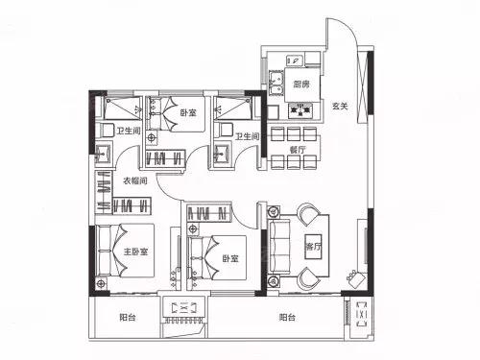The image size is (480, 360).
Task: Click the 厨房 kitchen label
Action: tap(301, 84)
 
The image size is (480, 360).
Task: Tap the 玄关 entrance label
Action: tap(340, 106)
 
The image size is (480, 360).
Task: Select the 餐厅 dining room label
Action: tap(298, 150)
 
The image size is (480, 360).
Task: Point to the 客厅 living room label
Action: tap(313, 247)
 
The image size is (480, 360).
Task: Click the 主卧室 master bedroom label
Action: tap(135, 252)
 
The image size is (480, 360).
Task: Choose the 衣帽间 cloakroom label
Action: tap(135, 180)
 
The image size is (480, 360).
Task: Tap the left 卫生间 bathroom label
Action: tap(129, 131)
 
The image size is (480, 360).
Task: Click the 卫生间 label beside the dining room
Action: tap(247, 136)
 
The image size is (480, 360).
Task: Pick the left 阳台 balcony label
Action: tap(128, 318)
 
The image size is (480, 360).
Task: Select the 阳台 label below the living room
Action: tap(287, 318)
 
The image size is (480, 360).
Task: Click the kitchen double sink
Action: tap(276, 83)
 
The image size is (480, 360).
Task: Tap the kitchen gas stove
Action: tap(300, 110)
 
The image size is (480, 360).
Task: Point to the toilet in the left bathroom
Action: tap(106, 130)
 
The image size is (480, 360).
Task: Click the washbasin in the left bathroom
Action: tap(104, 153)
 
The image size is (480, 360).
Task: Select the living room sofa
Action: tap(279, 246)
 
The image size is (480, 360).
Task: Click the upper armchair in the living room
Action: tap(308, 214)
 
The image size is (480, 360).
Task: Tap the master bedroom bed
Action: tap(126, 251)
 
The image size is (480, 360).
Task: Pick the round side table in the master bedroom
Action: tap(102, 283)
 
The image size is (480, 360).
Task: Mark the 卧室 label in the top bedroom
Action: tap(188, 112)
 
